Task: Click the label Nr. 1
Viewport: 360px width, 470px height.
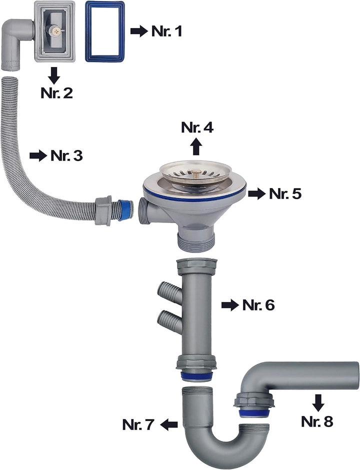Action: coord(167,31)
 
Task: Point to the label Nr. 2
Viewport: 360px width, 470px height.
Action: coord(57,92)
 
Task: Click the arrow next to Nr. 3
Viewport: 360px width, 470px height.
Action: coord(38,156)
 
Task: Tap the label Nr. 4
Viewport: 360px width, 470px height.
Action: coord(197,127)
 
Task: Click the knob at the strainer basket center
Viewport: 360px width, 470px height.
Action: coord(195,172)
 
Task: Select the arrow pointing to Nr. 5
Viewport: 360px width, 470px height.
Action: coord(257,193)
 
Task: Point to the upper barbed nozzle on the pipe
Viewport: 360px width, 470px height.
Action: coord(168,290)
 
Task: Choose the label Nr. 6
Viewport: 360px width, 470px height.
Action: coord(258,305)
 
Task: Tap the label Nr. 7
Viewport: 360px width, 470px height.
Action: coord(138,424)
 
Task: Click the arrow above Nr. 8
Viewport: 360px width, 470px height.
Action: coord(318,402)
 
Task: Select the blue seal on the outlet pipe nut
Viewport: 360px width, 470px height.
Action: coord(254,413)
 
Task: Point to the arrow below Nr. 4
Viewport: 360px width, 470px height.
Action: coord(196,146)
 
